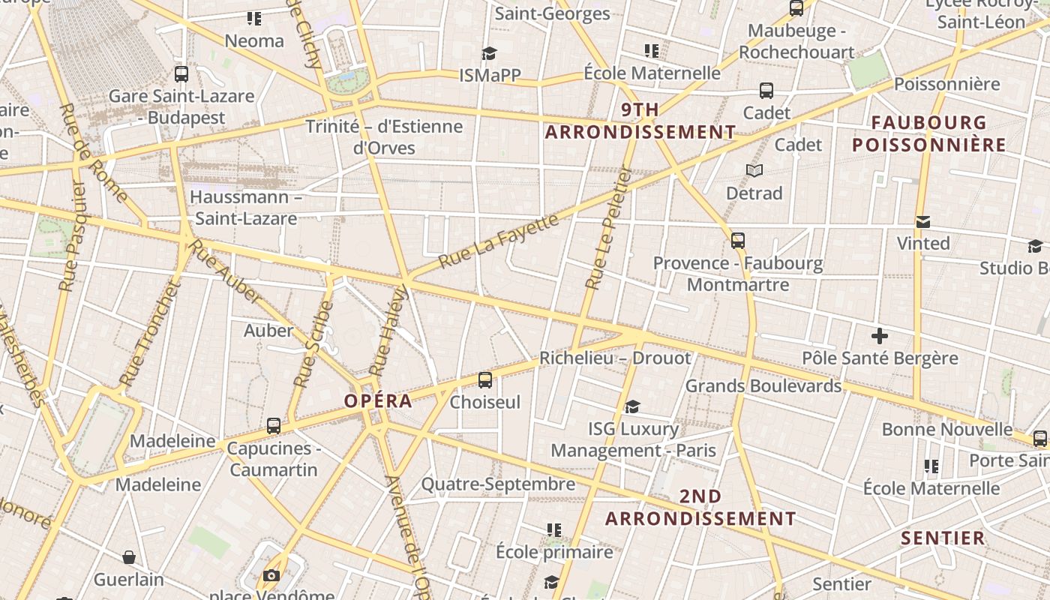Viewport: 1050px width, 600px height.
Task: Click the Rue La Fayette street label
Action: pyautogui.click(x=499, y=241)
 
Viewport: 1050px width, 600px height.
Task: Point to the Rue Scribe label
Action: pyautogui.click(x=313, y=344)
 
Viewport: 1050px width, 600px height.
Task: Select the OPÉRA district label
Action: pyautogui.click(x=378, y=400)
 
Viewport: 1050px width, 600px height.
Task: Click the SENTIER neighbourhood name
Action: pyautogui.click(x=943, y=538)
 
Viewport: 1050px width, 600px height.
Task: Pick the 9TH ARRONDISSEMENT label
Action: pyautogui.click(x=640, y=121)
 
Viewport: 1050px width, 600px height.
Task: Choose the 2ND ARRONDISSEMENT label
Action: pyautogui.click(x=700, y=508)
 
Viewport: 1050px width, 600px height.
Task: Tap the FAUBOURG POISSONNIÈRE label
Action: pyautogui.click(x=928, y=133)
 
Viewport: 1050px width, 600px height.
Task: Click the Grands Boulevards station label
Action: pyautogui.click(x=763, y=385)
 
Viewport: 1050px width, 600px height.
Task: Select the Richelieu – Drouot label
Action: pyautogui.click(x=615, y=358)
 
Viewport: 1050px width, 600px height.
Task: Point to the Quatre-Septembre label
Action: pyautogui.click(x=498, y=484)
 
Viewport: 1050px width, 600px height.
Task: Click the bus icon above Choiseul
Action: pyautogui.click(x=485, y=380)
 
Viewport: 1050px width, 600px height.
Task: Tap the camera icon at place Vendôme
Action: pyautogui.click(x=271, y=576)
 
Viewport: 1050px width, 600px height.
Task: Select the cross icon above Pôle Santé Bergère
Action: pyautogui.click(x=879, y=336)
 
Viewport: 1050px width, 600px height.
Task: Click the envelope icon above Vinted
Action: pyautogui.click(x=923, y=222)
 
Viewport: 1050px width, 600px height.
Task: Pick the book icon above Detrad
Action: pyautogui.click(x=754, y=171)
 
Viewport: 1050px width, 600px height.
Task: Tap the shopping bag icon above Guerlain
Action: pyautogui.click(x=129, y=557)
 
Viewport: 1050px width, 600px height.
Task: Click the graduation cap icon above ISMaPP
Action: pyautogui.click(x=490, y=53)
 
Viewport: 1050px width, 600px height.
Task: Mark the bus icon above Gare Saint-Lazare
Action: pyautogui.click(x=181, y=74)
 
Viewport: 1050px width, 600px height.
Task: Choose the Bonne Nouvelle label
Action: pyautogui.click(x=946, y=429)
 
